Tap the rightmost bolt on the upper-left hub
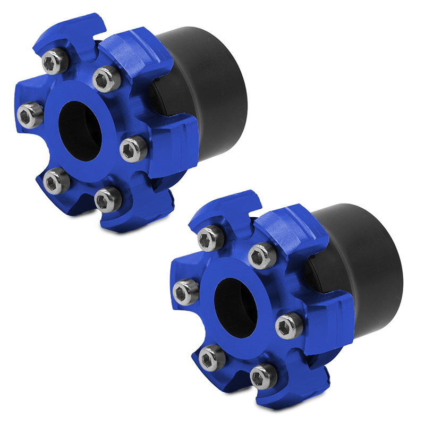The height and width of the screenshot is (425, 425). [133, 149]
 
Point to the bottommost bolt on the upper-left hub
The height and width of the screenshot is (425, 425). [108, 199]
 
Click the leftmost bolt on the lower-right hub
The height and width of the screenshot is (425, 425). [186, 292]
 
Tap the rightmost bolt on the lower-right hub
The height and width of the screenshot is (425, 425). [290, 325]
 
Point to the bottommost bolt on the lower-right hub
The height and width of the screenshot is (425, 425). [264, 376]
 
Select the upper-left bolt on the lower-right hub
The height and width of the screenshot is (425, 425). [211, 238]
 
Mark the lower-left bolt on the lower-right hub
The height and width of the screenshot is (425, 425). [212, 358]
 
